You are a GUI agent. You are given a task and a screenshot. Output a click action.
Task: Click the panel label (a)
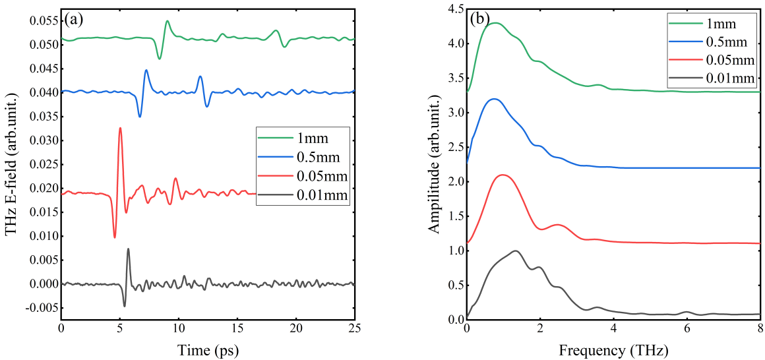[74, 19]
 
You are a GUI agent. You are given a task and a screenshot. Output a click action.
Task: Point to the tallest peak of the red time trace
[120, 128]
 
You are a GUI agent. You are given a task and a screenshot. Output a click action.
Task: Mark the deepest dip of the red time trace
[115, 237]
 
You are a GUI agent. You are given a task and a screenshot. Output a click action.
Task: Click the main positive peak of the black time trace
[128, 249]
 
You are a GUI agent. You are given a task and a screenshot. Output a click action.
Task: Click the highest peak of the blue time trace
[146, 70]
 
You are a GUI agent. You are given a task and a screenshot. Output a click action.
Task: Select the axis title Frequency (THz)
[614, 349]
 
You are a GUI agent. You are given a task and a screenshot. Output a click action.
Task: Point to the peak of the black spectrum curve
[515, 251]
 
